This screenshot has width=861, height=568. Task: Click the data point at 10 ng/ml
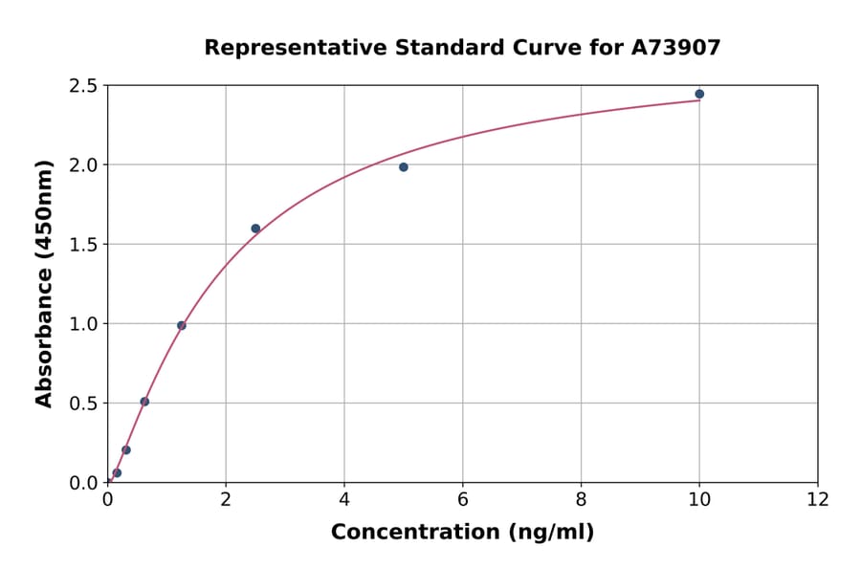[699, 94]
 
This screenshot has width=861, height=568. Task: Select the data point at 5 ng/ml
[404, 167]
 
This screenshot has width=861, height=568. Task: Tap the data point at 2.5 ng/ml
[255, 229]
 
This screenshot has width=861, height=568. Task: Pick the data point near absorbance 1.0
[182, 325]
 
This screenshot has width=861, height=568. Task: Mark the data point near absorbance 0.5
[144, 402]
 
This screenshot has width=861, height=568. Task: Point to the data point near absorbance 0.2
[126, 449]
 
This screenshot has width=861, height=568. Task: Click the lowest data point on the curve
[117, 472]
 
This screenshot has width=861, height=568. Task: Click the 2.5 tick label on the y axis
[84, 86]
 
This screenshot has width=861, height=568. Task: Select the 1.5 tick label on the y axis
[84, 245]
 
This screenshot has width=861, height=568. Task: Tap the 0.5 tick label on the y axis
[84, 404]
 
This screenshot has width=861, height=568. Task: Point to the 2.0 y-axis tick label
[84, 165]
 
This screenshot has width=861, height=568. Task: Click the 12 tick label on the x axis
[818, 499]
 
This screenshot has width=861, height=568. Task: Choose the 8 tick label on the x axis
[581, 499]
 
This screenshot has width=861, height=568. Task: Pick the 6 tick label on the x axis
[463, 499]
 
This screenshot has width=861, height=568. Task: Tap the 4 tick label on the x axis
[344, 499]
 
